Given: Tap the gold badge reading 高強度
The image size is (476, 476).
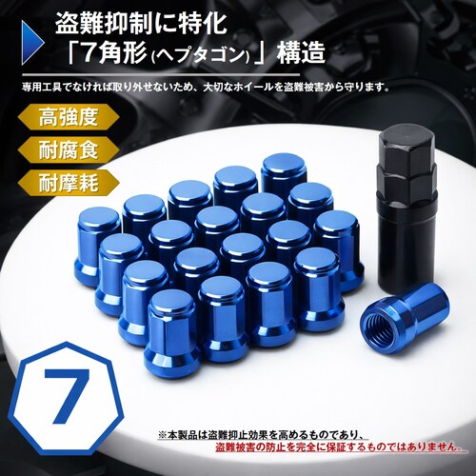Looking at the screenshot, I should [x=64, y=118].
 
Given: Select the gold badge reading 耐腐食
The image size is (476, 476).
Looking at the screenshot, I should [x=64, y=149].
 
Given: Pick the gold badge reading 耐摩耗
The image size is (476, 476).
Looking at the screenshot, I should [x=64, y=181].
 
